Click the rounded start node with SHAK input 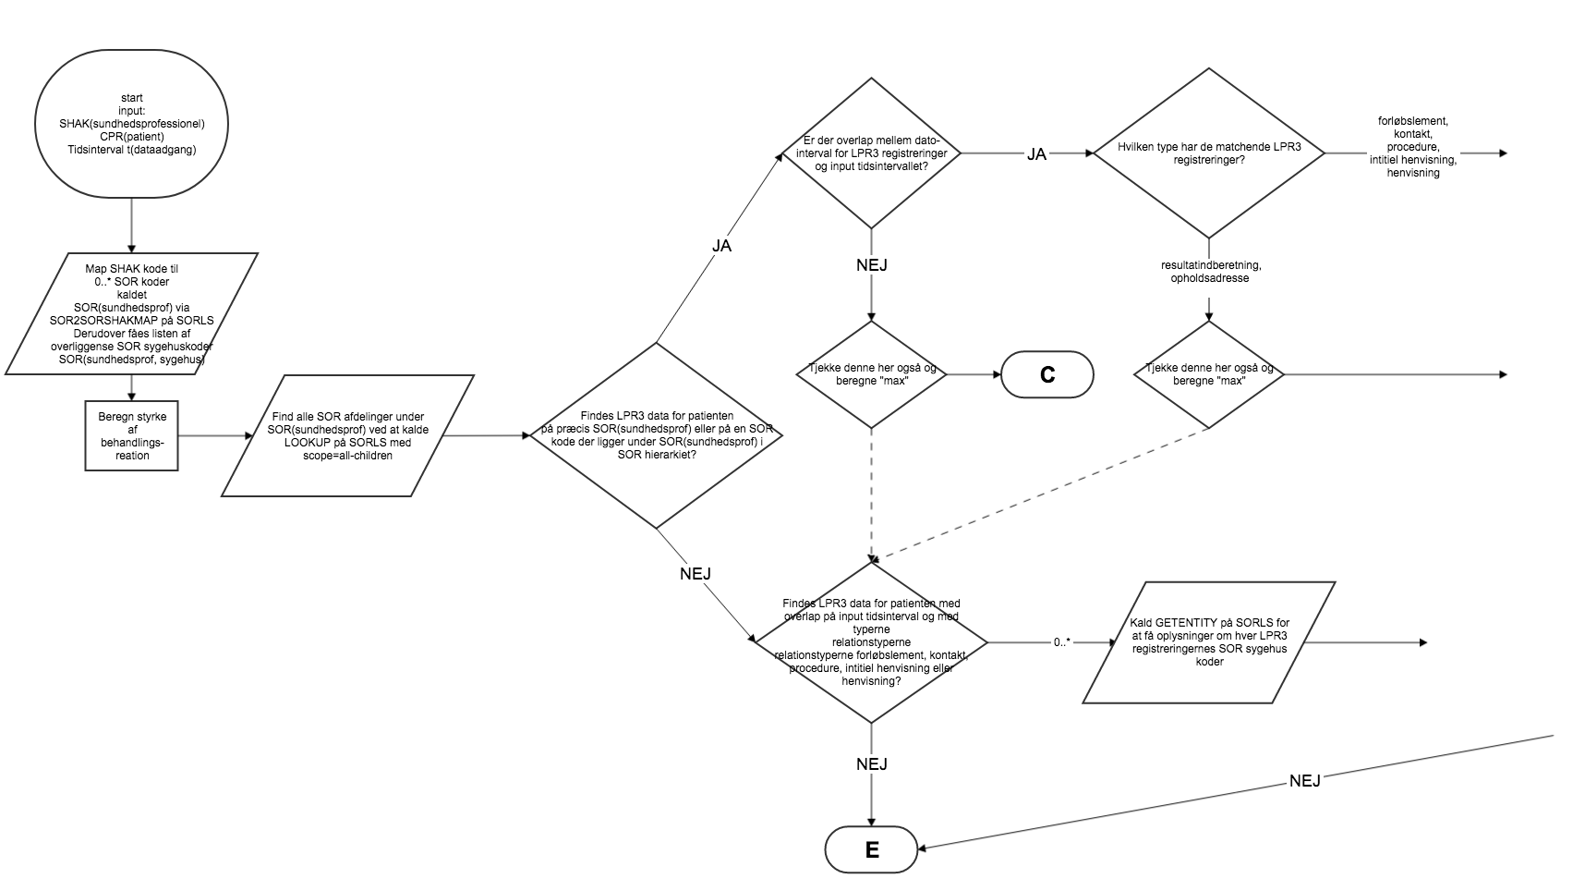(131, 124)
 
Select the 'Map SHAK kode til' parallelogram (131, 313)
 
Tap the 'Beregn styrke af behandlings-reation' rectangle (131, 435)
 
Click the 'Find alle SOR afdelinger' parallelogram (348, 435)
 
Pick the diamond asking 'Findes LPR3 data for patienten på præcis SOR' (656, 435)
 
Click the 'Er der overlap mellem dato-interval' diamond (871, 153)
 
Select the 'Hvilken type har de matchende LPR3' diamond (1208, 153)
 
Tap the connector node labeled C (1047, 374)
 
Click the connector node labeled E (871, 849)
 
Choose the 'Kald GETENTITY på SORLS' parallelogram (1208, 642)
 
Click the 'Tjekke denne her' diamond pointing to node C (871, 374)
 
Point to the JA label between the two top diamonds (1036, 154)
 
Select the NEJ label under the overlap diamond (871, 265)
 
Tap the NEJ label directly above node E (871, 763)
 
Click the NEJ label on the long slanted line (1304, 780)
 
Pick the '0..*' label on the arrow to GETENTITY (1060, 641)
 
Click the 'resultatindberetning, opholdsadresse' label (1210, 272)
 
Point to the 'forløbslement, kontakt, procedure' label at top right (1412, 147)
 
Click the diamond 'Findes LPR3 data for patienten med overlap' (871, 642)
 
